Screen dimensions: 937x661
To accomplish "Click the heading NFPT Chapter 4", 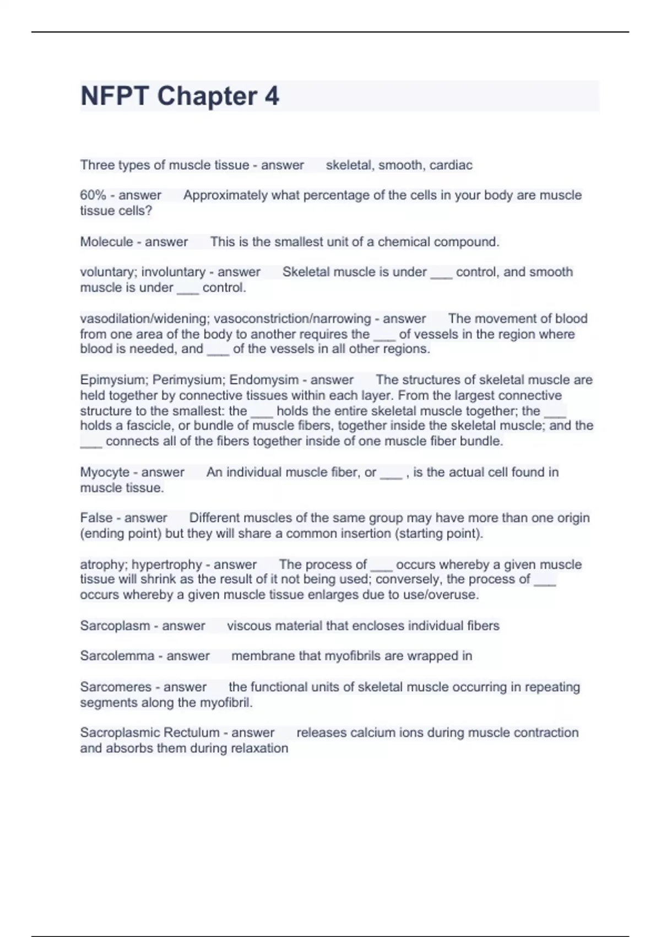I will point(180,96).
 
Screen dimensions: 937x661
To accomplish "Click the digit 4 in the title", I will point(272,96).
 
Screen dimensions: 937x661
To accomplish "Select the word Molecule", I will point(106,241).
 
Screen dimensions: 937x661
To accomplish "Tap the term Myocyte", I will point(104,472).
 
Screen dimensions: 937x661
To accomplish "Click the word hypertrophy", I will point(167,564).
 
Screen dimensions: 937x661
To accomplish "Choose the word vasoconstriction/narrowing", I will point(292,319).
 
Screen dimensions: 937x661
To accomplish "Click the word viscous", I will point(247,626).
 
